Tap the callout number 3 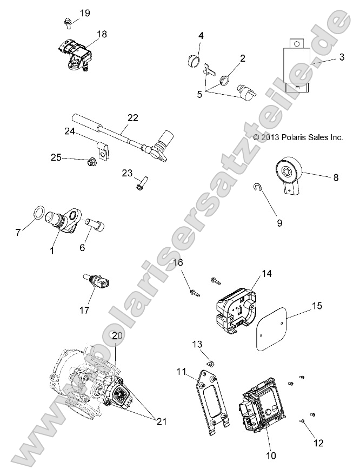point(342,57)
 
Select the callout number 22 point(134,117)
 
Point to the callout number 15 point(316,306)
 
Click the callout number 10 point(271,456)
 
